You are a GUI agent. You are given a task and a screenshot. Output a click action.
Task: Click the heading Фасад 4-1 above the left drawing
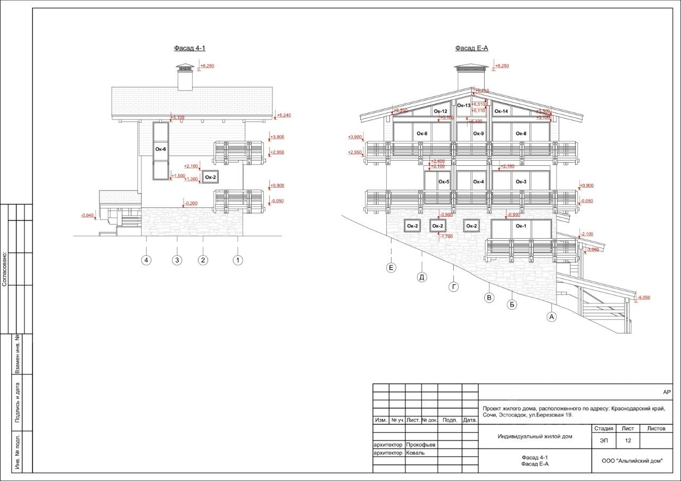pyautogui.click(x=189, y=48)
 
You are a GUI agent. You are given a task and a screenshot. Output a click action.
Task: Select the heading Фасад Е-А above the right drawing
pyautogui.click(x=471, y=48)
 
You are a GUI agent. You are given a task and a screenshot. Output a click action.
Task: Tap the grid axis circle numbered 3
pyautogui.click(x=177, y=260)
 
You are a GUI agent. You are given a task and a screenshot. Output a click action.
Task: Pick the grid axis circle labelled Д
pyautogui.click(x=422, y=277)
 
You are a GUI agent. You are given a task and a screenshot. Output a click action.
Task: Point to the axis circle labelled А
pyautogui.click(x=551, y=317)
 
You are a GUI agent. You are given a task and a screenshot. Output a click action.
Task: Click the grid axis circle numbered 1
pyautogui.click(x=238, y=260)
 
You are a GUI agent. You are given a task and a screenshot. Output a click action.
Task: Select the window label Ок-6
pyautogui.click(x=161, y=149)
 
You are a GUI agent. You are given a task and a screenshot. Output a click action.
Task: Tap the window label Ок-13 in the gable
pyautogui.click(x=464, y=106)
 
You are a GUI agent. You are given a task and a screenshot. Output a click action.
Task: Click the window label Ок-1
pyautogui.click(x=521, y=226)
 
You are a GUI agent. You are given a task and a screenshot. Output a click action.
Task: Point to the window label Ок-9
pyautogui.click(x=478, y=133)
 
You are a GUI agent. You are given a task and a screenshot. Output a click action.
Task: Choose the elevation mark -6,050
pyautogui.click(x=644, y=298)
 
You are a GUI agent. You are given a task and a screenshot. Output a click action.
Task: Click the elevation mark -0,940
pyautogui.click(x=87, y=215)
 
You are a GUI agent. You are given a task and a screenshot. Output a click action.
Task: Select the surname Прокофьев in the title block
pyautogui.click(x=420, y=444)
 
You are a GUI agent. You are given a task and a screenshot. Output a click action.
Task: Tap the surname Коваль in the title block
pyautogui.click(x=415, y=453)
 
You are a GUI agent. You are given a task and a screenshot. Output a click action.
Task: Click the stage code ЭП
pyautogui.click(x=604, y=441)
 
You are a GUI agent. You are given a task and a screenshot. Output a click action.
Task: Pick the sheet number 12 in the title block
pyautogui.click(x=628, y=441)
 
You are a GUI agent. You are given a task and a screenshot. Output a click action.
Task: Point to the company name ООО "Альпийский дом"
pyautogui.click(x=632, y=461)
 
